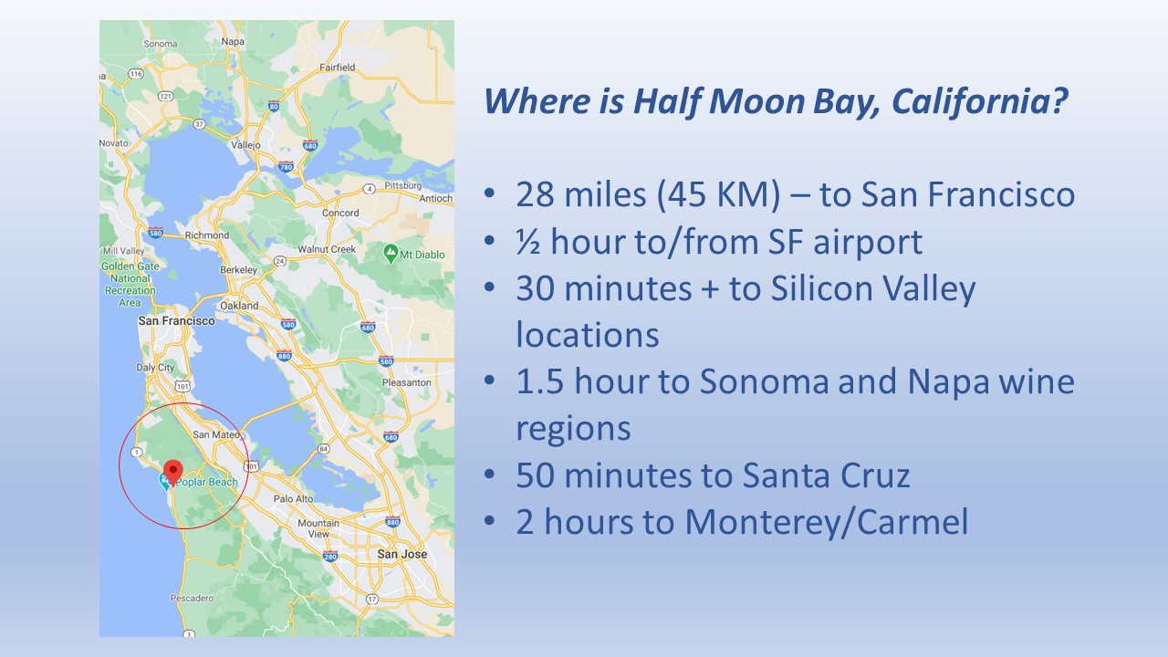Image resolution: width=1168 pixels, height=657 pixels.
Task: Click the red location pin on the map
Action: pyautogui.click(x=173, y=472)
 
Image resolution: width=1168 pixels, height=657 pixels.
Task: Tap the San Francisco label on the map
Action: pyautogui.click(x=176, y=320)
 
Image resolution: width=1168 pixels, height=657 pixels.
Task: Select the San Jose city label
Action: pyautogui.click(x=402, y=554)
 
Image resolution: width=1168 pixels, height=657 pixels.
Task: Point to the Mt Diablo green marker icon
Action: pyautogui.click(x=391, y=254)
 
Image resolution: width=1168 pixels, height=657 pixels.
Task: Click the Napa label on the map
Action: pyautogui.click(x=233, y=41)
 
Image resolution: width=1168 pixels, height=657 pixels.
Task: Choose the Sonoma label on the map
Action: pyautogui.click(x=161, y=44)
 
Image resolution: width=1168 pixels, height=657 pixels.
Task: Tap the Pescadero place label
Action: pyautogui.click(x=192, y=598)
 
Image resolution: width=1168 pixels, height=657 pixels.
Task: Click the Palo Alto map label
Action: pyautogui.click(x=293, y=498)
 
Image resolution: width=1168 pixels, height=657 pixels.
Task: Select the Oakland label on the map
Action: pyautogui.click(x=239, y=306)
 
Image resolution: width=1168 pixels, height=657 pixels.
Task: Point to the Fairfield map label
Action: pyautogui.click(x=338, y=68)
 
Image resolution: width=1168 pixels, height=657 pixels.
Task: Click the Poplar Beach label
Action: pyautogui.click(x=206, y=483)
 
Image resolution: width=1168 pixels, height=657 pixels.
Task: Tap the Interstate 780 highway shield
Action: pyautogui.click(x=286, y=167)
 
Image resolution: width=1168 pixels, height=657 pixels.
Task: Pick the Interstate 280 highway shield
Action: pyautogui.click(x=330, y=557)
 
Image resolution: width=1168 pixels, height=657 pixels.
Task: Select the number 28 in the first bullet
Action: pyautogui.click(x=535, y=194)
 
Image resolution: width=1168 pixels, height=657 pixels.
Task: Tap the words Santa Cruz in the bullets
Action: pyautogui.click(x=826, y=475)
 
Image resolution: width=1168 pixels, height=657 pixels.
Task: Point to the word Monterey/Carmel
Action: pyautogui.click(x=827, y=522)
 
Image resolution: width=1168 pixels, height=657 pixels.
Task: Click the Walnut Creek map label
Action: pyautogui.click(x=327, y=249)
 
